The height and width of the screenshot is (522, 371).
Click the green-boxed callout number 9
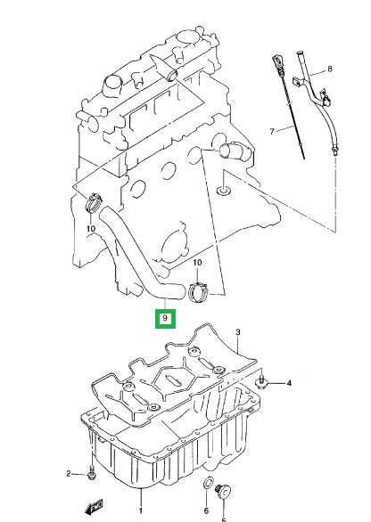click(165, 319)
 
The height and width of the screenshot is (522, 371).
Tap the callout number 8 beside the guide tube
click(330, 69)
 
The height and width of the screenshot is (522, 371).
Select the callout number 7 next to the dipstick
click(272, 132)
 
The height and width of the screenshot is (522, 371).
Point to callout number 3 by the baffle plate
click(238, 332)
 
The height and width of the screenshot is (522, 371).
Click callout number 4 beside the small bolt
click(289, 383)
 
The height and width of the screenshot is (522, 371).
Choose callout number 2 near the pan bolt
click(69, 473)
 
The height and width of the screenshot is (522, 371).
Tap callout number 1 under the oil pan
click(141, 510)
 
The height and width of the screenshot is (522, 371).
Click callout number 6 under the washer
click(206, 510)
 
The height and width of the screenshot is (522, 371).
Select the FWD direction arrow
click(95, 507)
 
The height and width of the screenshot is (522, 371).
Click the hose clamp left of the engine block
click(94, 202)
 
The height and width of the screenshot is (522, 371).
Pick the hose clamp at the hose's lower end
click(199, 291)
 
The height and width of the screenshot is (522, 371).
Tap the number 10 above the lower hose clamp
click(197, 262)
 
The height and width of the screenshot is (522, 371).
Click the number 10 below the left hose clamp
click(91, 228)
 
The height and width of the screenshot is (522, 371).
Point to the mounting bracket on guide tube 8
click(299, 82)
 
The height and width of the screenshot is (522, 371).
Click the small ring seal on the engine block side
click(223, 191)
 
